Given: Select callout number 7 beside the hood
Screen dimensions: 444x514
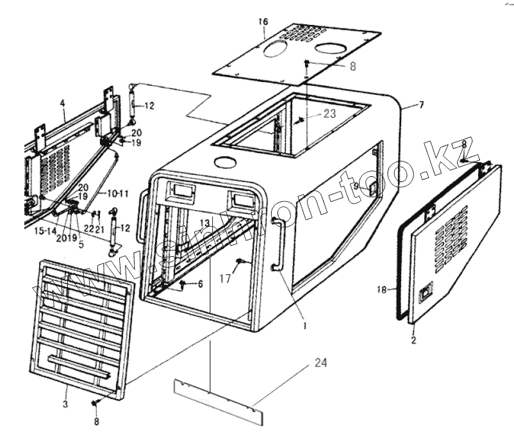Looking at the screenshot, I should click(x=421, y=104).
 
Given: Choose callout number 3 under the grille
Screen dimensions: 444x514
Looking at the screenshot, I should click(x=65, y=404).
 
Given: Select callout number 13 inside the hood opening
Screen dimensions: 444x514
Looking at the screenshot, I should click(x=204, y=222).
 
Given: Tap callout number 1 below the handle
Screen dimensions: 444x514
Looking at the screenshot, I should click(x=304, y=325).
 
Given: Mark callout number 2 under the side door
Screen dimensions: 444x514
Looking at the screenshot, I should click(x=413, y=340).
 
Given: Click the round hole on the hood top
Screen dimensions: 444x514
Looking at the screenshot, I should click(x=224, y=161).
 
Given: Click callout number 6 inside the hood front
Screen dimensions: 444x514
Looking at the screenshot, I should click(x=200, y=284).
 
